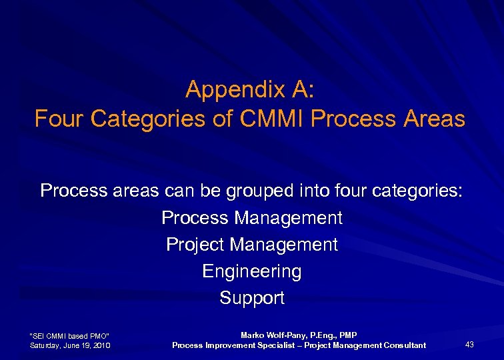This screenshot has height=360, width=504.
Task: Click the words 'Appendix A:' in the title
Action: pos(251,89)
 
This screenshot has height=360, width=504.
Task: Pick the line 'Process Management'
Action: pos(252,218)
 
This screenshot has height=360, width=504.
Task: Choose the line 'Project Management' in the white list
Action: pos(252,245)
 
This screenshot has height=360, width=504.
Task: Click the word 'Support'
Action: pos(252,298)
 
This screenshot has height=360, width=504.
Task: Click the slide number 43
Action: pos(469,345)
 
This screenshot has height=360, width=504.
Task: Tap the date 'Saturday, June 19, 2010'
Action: pos(70,345)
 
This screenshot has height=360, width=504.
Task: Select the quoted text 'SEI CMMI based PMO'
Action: pos(70,335)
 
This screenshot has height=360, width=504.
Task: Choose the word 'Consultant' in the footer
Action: pos(403,345)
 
